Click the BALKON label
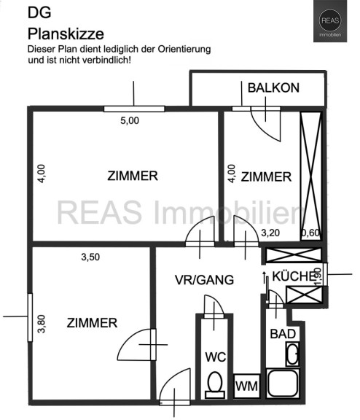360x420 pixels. [273, 88]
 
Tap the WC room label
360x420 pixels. [216, 357]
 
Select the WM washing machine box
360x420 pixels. [247, 386]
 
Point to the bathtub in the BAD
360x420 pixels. [282, 384]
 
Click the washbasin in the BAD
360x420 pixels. [292, 354]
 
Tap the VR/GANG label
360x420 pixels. [204, 280]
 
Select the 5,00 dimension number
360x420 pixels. [130, 121]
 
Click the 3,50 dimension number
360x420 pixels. [90, 257]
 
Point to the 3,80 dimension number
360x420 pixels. [42, 324]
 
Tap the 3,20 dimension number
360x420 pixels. [270, 233]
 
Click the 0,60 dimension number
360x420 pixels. [310, 233]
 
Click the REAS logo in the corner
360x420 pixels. [330, 21]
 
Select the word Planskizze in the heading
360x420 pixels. [66, 34]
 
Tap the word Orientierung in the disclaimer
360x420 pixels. [184, 50]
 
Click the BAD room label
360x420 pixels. [283, 334]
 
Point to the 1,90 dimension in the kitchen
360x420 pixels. [318, 277]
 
